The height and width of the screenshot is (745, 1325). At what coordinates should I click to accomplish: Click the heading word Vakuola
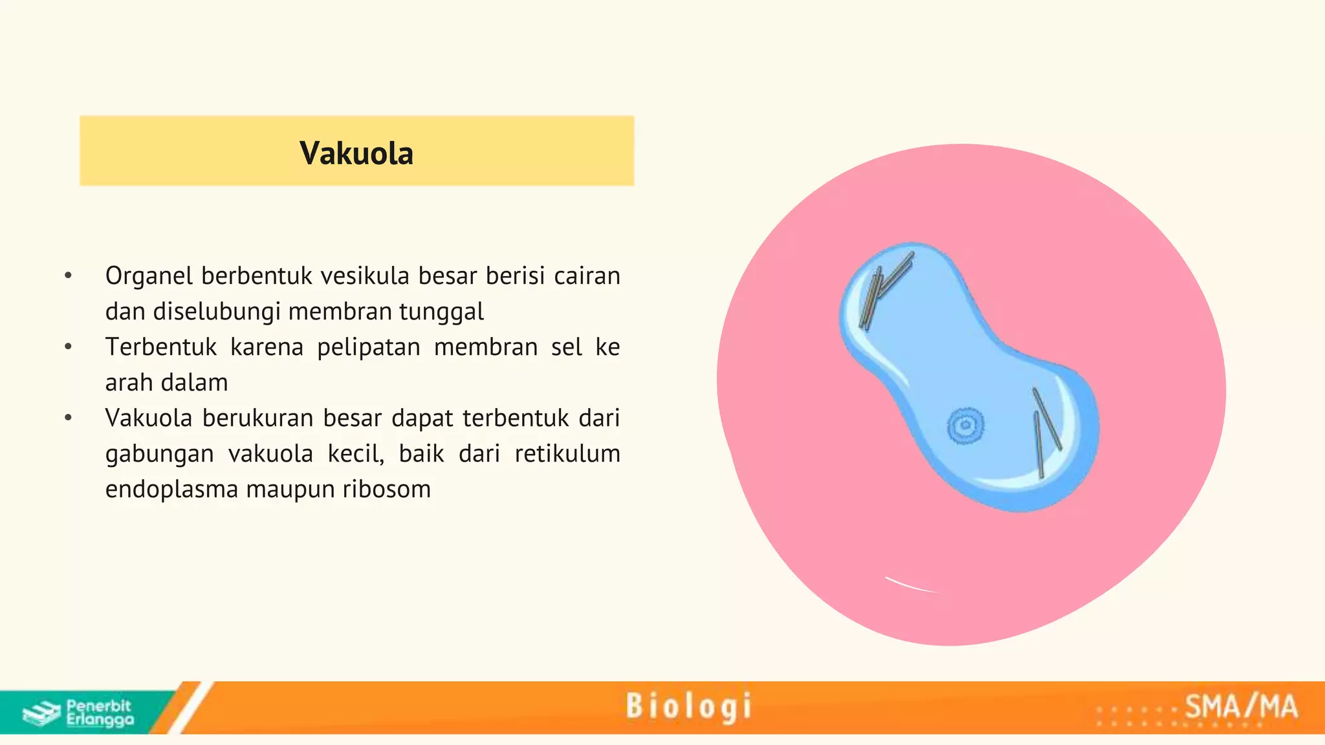coord(356,153)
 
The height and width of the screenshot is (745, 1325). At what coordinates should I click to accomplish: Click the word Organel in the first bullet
coord(149,276)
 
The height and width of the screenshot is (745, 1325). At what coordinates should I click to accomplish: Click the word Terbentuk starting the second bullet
coord(161,347)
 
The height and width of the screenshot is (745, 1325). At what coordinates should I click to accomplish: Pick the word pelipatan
coord(368,347)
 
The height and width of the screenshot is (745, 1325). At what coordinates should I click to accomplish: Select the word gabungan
coord(159,454)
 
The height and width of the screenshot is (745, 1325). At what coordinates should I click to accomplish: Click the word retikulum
coord(567,454)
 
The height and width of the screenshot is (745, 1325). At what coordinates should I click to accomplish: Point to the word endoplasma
coord(171,490)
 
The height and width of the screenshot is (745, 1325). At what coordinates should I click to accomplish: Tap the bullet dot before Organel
coord(68,276)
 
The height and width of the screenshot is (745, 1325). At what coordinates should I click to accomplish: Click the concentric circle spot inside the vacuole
coord(965,426)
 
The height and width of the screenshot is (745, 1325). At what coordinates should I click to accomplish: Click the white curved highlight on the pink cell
coord(911,585)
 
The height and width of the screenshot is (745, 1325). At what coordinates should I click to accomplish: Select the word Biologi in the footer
coord(688,706)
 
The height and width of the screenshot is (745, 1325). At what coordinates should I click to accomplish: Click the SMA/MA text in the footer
coord(1241,706)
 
